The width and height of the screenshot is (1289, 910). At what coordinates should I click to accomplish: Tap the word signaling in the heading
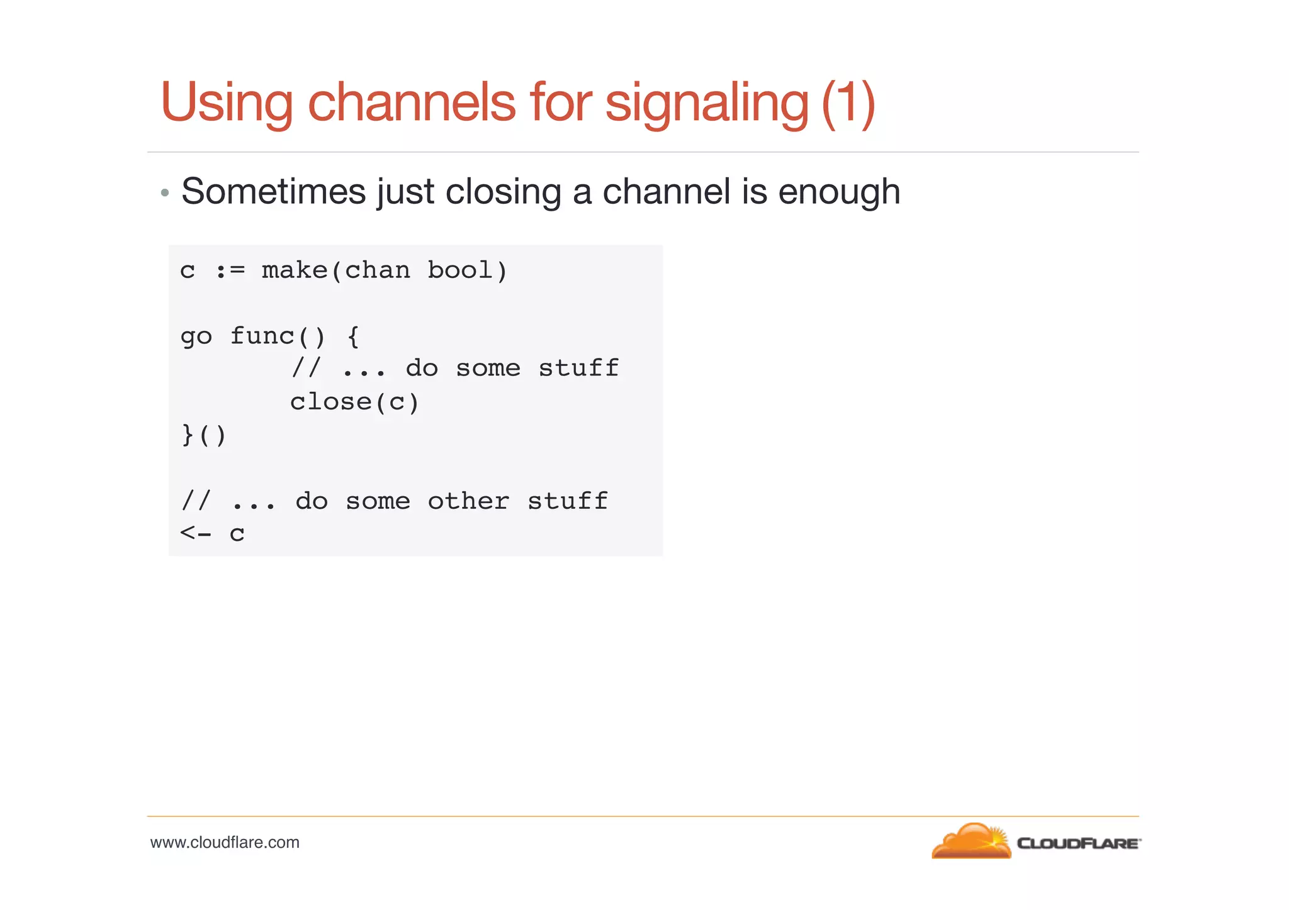pos(706,103)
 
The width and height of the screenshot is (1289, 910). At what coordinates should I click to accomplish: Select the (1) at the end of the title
pos(848,102)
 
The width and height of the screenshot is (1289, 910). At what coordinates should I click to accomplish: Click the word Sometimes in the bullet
pos(273,191)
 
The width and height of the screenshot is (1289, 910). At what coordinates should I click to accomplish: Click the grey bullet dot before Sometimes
pos(165,192)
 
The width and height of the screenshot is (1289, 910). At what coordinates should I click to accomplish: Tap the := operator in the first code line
pos(230,270)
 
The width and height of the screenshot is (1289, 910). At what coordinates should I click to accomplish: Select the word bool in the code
pos(459,270)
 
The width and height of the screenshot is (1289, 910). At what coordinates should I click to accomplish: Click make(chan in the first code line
pos(335,270)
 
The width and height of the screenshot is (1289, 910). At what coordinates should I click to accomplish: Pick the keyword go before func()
pos(196,336)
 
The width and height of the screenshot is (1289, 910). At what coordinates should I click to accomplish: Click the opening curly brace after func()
pos(353,336)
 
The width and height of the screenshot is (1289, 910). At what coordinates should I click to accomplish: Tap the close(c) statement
pos(354,402)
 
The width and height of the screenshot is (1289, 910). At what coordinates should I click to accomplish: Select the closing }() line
pos(203,435)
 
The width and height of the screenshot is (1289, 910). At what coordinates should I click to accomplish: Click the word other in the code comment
pos(468,501)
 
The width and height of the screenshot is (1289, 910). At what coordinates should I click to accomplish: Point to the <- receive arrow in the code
pos(196,533)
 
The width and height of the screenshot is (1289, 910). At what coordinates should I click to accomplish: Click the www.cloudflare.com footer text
pos(225,842)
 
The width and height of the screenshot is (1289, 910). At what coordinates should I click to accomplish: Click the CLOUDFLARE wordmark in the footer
pos(1078,843)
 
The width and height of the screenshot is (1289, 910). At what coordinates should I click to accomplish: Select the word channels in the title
pos(412,102)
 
